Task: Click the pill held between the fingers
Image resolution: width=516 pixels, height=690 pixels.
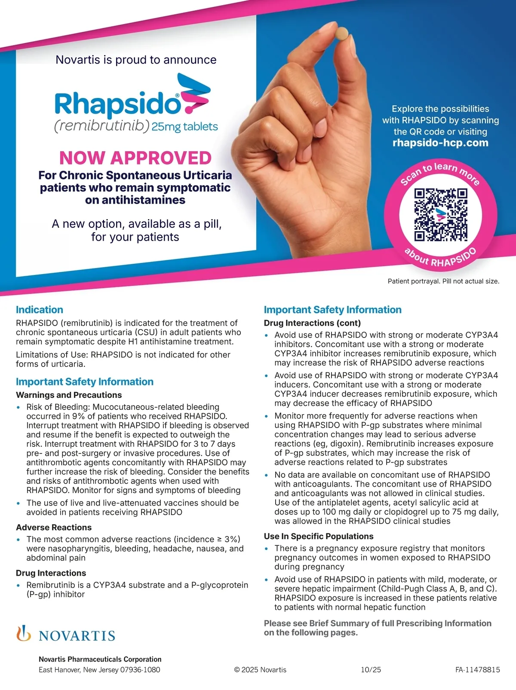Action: point(343,33)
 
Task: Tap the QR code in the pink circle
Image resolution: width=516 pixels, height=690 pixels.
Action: point(441,214)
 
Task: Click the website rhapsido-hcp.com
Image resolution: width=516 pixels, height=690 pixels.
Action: point(440,143)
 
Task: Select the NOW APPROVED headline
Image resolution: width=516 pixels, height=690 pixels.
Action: point(135,158)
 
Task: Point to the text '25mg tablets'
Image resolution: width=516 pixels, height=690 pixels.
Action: point(184,127)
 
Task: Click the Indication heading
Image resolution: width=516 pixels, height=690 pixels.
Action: point(40,310)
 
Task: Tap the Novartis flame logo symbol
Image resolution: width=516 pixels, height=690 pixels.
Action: point(24,634)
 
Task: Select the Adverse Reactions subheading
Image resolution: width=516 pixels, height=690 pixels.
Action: point(54,527)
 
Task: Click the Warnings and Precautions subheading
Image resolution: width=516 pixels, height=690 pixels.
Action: point(69,395)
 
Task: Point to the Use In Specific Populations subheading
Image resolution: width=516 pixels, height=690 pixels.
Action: point(319,536)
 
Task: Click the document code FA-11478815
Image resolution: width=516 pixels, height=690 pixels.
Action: point(477,669)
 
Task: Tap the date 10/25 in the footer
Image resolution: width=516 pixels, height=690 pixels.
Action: point(371,669)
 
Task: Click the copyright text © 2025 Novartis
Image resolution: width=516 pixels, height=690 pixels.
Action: point(260,669)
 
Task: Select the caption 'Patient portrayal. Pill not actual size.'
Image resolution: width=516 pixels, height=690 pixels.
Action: point(443,281)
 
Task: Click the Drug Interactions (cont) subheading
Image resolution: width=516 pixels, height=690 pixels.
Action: point(312,323)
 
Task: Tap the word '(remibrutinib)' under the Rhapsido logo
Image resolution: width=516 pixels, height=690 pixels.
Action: point(101,126)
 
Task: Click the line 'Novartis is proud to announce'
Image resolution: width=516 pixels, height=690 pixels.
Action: point(136,60)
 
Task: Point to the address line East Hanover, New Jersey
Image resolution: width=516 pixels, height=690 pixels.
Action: point(99,669)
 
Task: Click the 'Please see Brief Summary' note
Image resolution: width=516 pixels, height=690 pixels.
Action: point(377,628)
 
